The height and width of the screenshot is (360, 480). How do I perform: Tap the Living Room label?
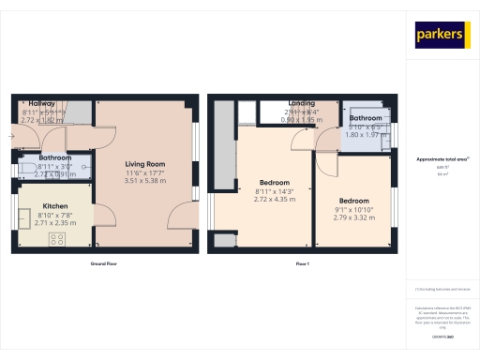[x=145, y=164]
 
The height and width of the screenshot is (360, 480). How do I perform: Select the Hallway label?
[x=42, y=103]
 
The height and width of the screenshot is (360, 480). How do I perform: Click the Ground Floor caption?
[x=104, y=264]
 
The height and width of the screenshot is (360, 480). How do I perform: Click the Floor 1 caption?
[x=303, y=264]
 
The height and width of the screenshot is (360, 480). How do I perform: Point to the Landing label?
[x=301, y=104]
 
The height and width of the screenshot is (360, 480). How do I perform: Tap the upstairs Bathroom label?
[x=366, y=118]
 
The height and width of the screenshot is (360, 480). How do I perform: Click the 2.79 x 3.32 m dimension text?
[x=353, y=217]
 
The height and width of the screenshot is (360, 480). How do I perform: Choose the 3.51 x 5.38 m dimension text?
[x=145, y=181]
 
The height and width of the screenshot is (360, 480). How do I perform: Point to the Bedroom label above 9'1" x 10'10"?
[x=353, y=201]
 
